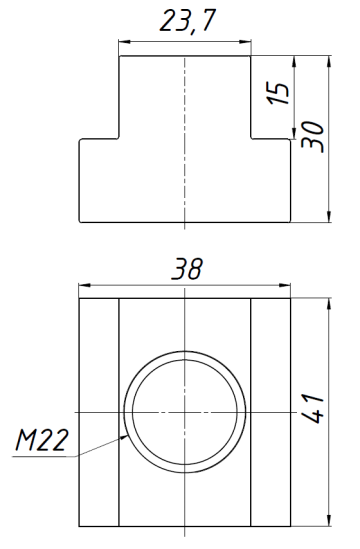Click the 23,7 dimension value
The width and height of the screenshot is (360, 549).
(184, 24)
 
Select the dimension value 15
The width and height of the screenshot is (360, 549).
(283, 93)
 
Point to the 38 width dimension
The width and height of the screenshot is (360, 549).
(185, 270)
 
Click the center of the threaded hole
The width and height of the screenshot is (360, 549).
(185, 411)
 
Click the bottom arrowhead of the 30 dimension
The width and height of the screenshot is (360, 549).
(329, 220)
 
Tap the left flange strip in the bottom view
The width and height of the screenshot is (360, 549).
(99, 411)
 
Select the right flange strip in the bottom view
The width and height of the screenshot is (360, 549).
(270, 411)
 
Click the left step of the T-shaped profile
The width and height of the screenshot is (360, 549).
(99, 140)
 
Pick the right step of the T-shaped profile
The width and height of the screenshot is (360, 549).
(270, 140)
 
